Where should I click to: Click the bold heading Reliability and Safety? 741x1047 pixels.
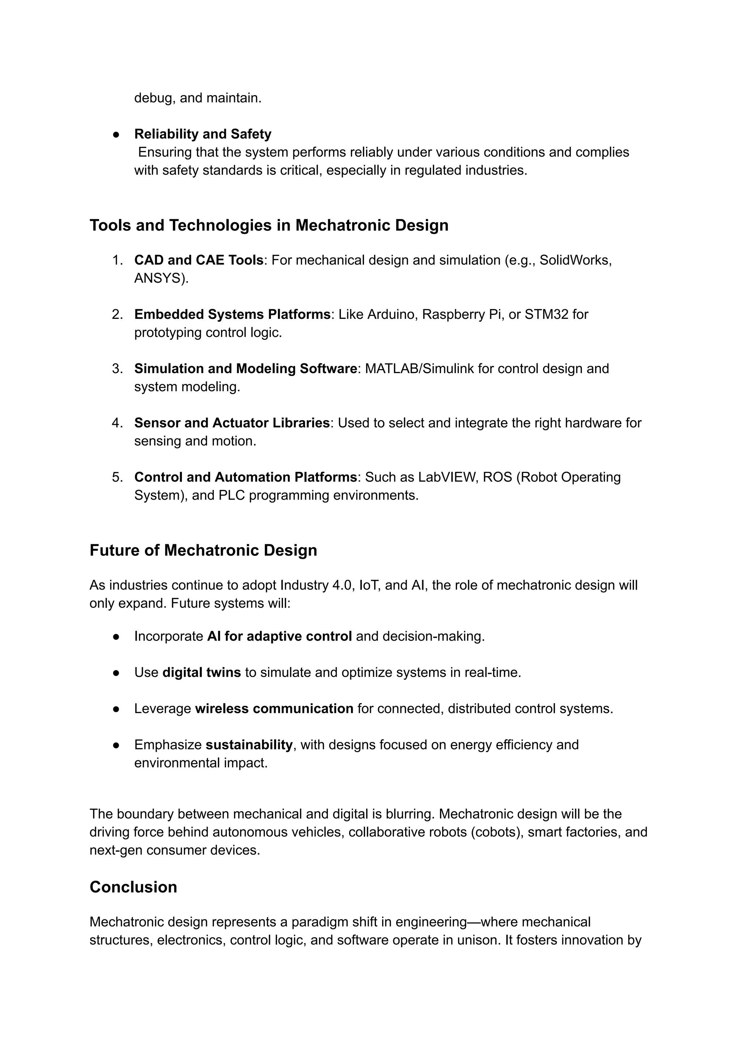point(203,134)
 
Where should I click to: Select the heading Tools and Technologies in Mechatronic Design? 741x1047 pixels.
point(269,225)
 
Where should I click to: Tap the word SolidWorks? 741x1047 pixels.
point(575,260)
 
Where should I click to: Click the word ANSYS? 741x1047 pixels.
point(160,278)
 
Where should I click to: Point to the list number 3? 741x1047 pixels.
point(117,369)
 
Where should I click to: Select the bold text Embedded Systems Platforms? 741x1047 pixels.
point(232,314)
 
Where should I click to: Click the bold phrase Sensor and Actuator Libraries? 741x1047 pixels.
point(232,423)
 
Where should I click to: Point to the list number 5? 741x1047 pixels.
point(117,477)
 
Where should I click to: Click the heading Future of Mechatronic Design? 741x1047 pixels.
point(203,550)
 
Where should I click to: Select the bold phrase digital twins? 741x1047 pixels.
point(201,673)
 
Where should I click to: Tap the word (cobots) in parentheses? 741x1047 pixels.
point(497,832)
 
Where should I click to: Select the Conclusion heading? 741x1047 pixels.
point(133,887)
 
